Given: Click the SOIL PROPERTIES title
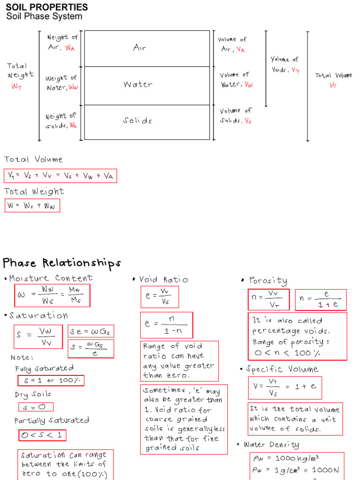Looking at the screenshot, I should coord(47,7).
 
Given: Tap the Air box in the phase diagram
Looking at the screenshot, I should coord(147,48).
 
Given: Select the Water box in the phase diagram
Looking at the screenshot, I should coord(147,85).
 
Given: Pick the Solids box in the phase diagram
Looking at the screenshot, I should coord(147,121).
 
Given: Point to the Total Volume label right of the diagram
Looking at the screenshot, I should coord(333,80).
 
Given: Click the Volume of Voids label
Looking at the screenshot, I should coord(285,65).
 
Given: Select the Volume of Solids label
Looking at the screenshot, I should coord(236,115).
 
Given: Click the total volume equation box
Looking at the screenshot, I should coord(60,176).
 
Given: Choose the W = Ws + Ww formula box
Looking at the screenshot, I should coord(32,206).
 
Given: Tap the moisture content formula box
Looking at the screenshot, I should coord(51,296).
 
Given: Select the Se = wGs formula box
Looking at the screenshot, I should coord(91,331).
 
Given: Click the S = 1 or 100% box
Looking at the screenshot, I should coord(51,380).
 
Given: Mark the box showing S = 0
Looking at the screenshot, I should coord(36,407).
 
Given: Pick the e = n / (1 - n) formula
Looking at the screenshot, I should coord(166,324).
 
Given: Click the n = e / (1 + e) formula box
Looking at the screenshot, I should coord(321,300).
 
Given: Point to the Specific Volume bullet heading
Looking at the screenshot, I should coord(278,369).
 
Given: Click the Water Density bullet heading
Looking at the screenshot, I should coord(268,444).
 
